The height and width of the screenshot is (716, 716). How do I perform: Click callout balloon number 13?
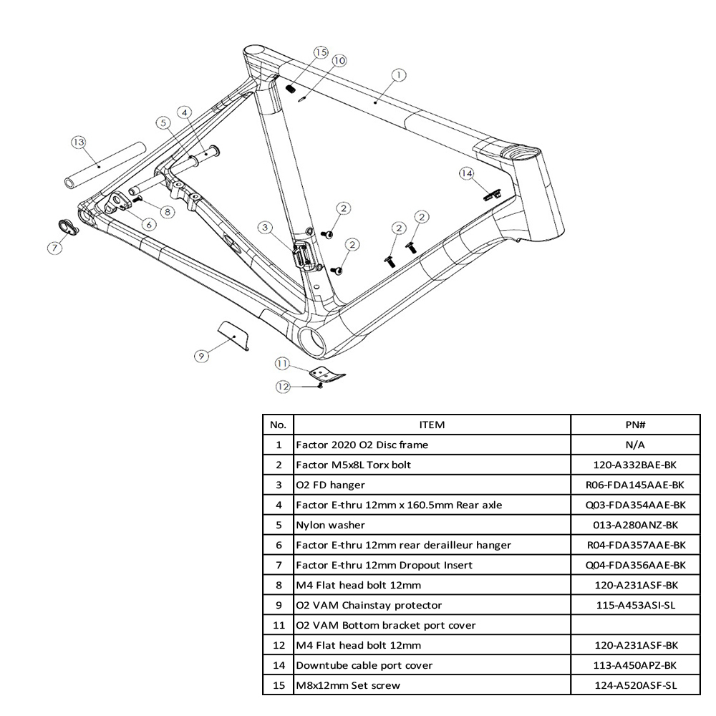78,142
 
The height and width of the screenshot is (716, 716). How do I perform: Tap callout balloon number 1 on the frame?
399,74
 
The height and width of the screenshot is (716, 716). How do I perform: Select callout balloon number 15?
320,52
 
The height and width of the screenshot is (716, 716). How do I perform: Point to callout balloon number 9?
202,355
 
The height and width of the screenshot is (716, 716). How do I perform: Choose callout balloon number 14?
467,173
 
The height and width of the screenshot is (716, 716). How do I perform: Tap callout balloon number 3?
266,228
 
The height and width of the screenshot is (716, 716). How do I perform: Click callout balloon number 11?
283,364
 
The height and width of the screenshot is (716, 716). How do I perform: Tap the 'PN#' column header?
635,425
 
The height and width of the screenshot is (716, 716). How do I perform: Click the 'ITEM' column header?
431,425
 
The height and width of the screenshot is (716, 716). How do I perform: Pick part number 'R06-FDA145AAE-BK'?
635,485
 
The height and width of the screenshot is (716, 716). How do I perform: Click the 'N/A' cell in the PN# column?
635,445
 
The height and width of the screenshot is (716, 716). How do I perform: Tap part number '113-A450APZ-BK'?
635,665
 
